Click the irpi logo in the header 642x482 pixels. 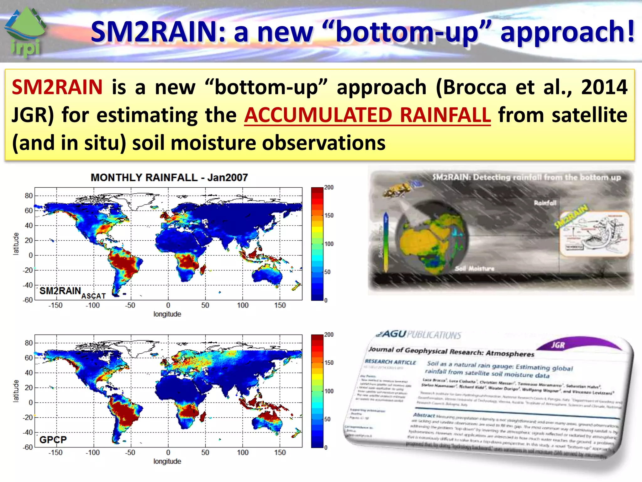point(25,33)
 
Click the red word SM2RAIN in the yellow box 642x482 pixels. point(57,87)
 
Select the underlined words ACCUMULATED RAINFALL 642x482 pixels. point(367,115)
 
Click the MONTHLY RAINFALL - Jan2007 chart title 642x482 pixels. point(169,178)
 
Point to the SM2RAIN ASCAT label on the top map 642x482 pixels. point(72,293)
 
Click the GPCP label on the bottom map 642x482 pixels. point(53,440)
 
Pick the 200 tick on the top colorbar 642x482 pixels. point(329,188)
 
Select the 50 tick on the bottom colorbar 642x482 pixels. point(327,419)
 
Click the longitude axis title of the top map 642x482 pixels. point(167,314)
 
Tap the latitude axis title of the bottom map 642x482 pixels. point(16,391)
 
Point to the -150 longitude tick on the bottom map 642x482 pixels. point(55,453)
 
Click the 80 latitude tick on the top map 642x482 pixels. point(29,196)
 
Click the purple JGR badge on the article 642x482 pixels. point(558,345)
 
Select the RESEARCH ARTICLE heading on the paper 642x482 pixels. point(390,362)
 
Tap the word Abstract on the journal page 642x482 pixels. point(424,415)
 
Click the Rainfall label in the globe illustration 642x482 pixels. point(545,203)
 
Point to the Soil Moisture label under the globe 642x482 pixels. point(474,269)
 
